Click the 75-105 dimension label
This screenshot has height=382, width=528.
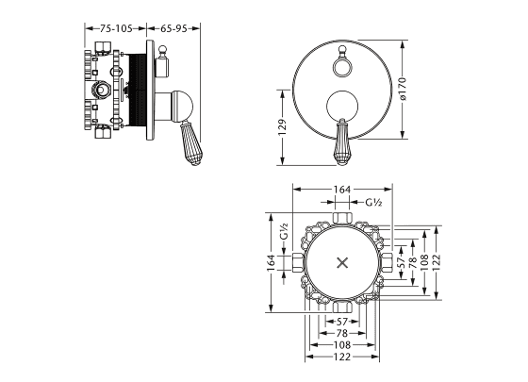116,28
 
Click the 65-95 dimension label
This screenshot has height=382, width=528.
173,28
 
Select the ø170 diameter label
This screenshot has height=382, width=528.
403,89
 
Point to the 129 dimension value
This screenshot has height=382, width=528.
282,127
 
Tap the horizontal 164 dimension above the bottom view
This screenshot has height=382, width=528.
341,190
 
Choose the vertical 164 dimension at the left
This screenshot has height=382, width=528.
272,262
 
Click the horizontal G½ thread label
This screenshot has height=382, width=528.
373,202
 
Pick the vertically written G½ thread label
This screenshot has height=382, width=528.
285,231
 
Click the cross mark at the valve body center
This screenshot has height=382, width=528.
342,263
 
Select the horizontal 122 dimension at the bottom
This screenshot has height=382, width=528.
342,357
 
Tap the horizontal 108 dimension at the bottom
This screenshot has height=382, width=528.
342,345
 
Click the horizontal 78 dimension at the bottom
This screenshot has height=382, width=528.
341,333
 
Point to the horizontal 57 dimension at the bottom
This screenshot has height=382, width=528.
341,322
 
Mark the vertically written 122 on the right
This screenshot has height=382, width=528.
436,262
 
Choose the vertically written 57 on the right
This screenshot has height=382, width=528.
401,262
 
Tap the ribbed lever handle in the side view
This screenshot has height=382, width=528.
191,143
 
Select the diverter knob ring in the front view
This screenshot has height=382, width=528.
341,67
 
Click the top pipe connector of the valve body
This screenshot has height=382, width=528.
342,218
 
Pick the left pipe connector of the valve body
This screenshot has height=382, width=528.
298,262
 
